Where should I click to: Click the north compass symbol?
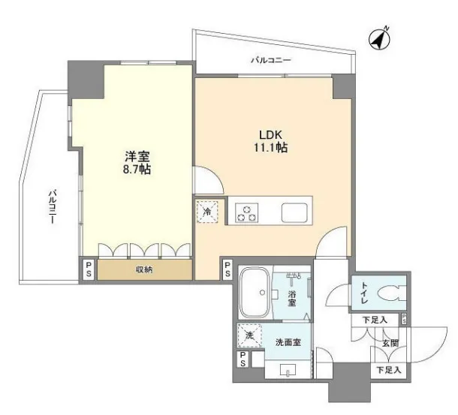coord(380,39)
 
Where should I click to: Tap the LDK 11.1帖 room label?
coord(270,141)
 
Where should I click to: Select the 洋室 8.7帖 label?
coord(137,163)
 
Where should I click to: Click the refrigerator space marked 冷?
coord(206,212)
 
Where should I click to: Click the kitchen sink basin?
coord(294,213)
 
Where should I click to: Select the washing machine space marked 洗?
coord(250,335)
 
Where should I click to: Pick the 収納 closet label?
coord(144,269)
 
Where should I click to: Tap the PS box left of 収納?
coord(88,269)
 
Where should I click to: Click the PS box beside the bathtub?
coord(227,269)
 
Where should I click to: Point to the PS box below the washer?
coord(243,359)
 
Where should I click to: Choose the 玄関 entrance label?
coord(390,343)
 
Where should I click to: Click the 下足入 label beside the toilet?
coord(375,320)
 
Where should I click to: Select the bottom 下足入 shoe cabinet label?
coord(388,370)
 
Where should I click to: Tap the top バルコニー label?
coord(271,60)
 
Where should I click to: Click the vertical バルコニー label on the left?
coord(53,207)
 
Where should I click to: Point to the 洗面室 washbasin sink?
coord(288,369)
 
